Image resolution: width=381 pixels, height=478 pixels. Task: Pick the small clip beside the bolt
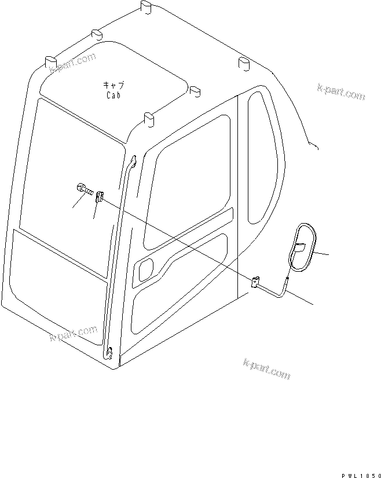[99, 198]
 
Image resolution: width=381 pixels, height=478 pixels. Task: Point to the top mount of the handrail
[133, 162]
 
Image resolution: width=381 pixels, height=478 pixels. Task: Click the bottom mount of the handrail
[109, 352]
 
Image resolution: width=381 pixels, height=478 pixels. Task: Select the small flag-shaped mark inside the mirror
[299, 248]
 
